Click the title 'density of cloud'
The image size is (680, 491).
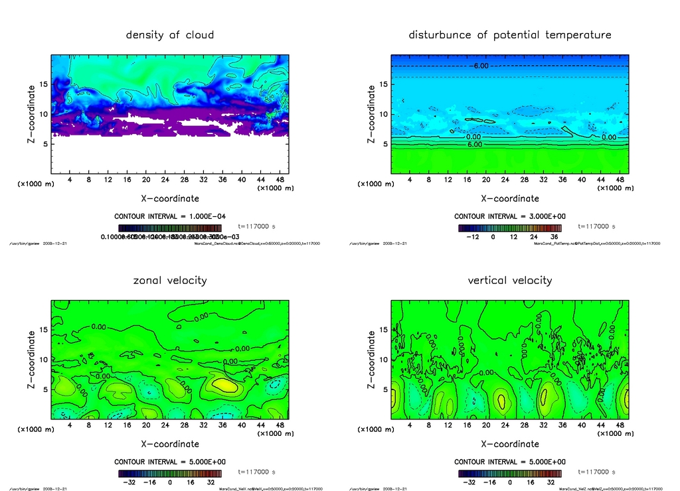[x=170, y=35]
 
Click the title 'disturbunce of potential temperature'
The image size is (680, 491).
[x=510, y=35]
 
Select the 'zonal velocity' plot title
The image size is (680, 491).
[x=170, y=280]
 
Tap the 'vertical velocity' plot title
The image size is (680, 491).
[x=510, y=280]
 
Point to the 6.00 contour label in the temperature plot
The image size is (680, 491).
[x=474, y=144]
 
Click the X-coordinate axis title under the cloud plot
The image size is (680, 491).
[x=170, y=198]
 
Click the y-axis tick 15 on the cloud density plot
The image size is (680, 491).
[x=44, y=84]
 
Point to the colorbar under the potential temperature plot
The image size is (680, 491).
[x=509, y=228]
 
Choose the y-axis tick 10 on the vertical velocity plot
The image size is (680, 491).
[x=384, y=360]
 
